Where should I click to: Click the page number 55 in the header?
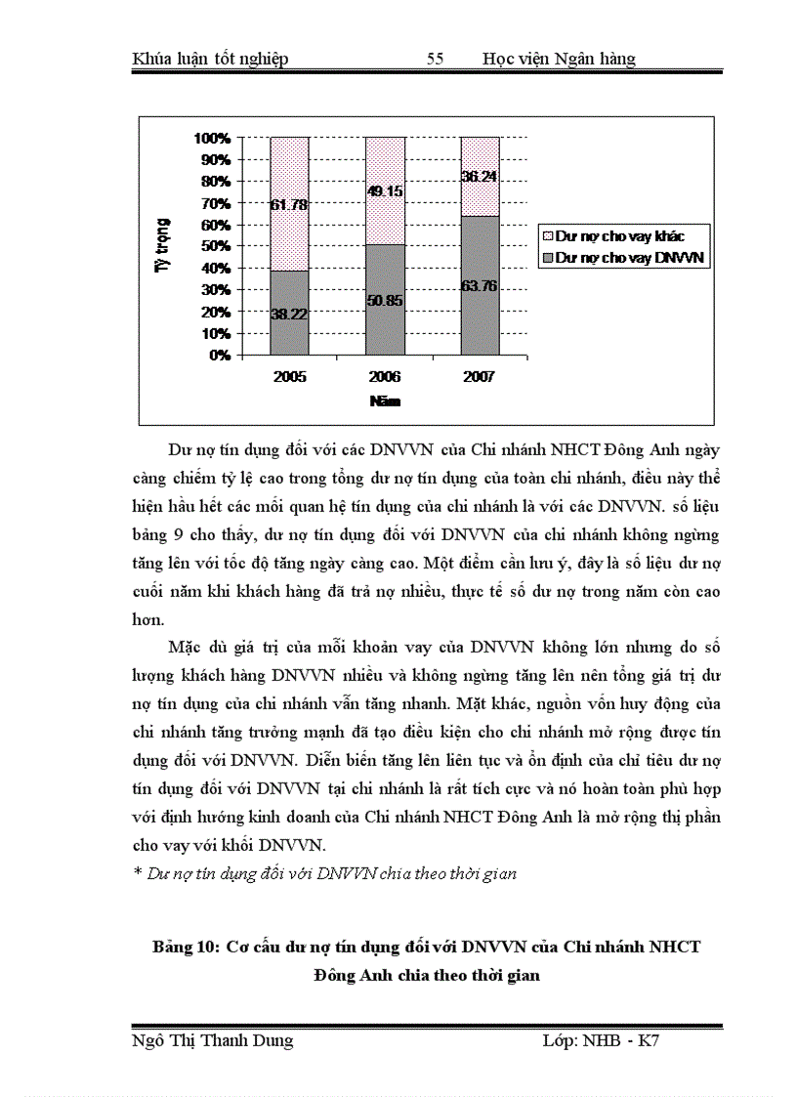click(436, 60)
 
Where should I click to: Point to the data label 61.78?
click(290, 204)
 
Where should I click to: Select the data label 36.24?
click(480, 177)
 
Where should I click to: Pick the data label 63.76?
click(480, 285)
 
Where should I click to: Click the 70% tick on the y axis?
click(217, 203)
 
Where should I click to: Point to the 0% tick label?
click(220, 356)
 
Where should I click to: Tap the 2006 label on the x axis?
click(385, 376)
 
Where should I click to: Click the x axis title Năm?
click(385, 401)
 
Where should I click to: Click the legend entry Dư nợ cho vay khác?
click(619, 236)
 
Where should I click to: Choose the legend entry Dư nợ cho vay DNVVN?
click(625, 259)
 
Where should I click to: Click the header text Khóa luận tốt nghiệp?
click(210, 60)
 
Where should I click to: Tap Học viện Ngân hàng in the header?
click(559, 60)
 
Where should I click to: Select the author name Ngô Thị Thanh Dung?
click(212, 1041)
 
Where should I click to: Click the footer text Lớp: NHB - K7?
click(601, 1041)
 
